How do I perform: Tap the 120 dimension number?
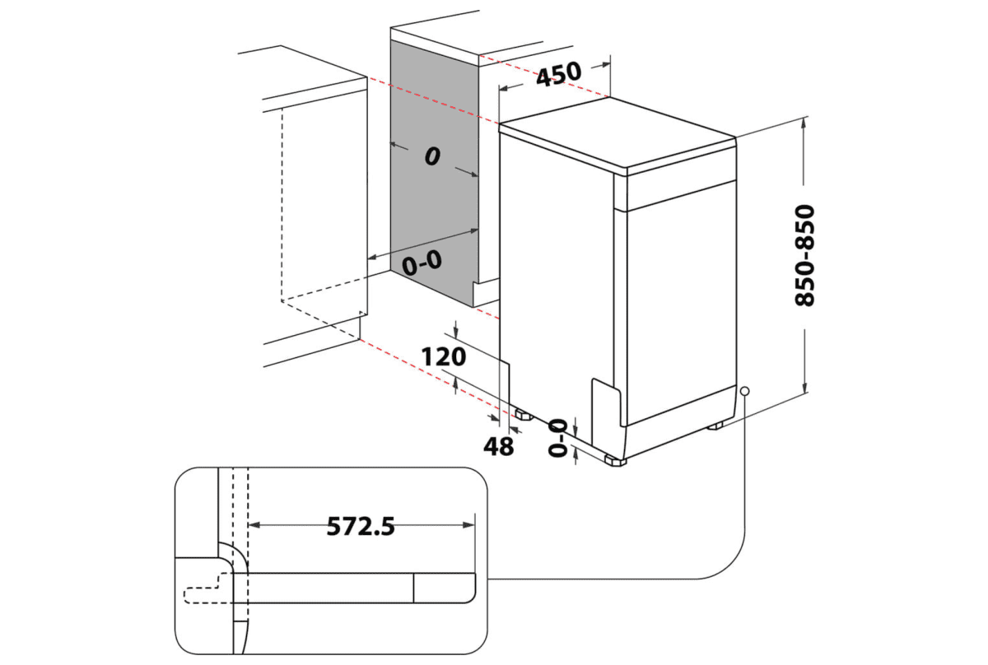[444, 356]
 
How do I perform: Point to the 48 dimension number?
[498, 446]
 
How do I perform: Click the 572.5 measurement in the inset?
[361, 525]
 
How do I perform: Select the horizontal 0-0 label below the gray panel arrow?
[422, 263]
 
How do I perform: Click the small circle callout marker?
[744, 392]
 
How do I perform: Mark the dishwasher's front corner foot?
[614, 460]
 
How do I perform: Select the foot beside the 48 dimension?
[522, 413]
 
